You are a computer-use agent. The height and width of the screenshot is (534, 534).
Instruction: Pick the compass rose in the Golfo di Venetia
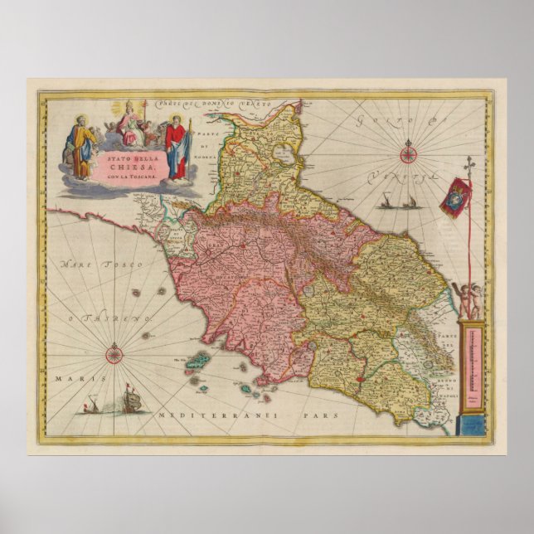click(410, 153)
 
